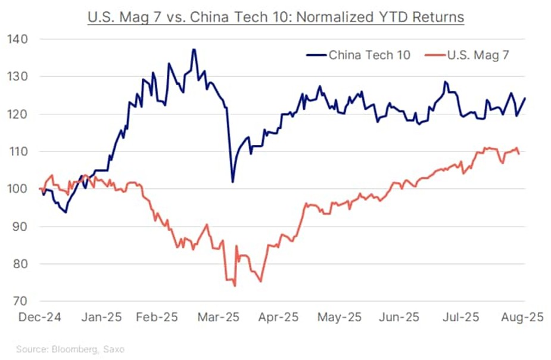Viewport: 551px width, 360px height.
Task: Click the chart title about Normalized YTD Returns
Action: tap(275, 17)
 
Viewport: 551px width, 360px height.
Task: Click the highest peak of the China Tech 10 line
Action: tap(194, 49)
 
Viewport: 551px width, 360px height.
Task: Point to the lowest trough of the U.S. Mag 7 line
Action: tap(235, 286)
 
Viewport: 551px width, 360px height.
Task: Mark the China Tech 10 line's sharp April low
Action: tap(232, 182)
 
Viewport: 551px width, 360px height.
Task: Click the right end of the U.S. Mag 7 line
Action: tap(519, 154)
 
